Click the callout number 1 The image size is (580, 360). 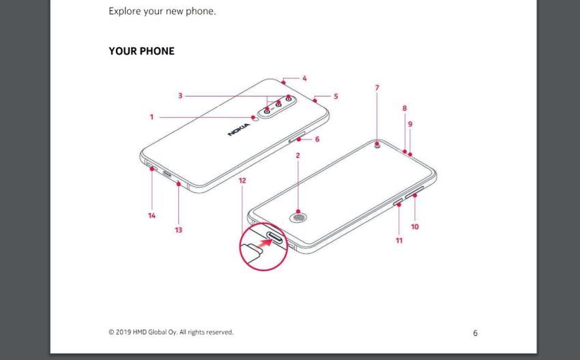click(151, 117)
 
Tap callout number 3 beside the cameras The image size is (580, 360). click(180, 95)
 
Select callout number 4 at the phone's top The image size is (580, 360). click(304, 78)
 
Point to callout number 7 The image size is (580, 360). click(377, 88)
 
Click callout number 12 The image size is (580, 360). click(242, 181)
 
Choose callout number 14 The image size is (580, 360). click(151, 215)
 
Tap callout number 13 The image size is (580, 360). click(178, 230)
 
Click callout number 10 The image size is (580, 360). click(415, 226)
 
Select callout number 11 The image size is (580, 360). click(398, 241)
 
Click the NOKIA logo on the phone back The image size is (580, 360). click(239, 130)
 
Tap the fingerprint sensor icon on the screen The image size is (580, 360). click(298, 217)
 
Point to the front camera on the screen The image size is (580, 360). click(377, 146)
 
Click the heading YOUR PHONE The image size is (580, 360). click(141, 51)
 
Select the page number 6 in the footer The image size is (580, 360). click(476, 333)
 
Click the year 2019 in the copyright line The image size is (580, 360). click(124, 332)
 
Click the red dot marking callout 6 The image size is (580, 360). click(298, 140)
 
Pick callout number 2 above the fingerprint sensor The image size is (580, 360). click(298, 155)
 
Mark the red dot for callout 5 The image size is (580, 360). click(315, 100)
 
